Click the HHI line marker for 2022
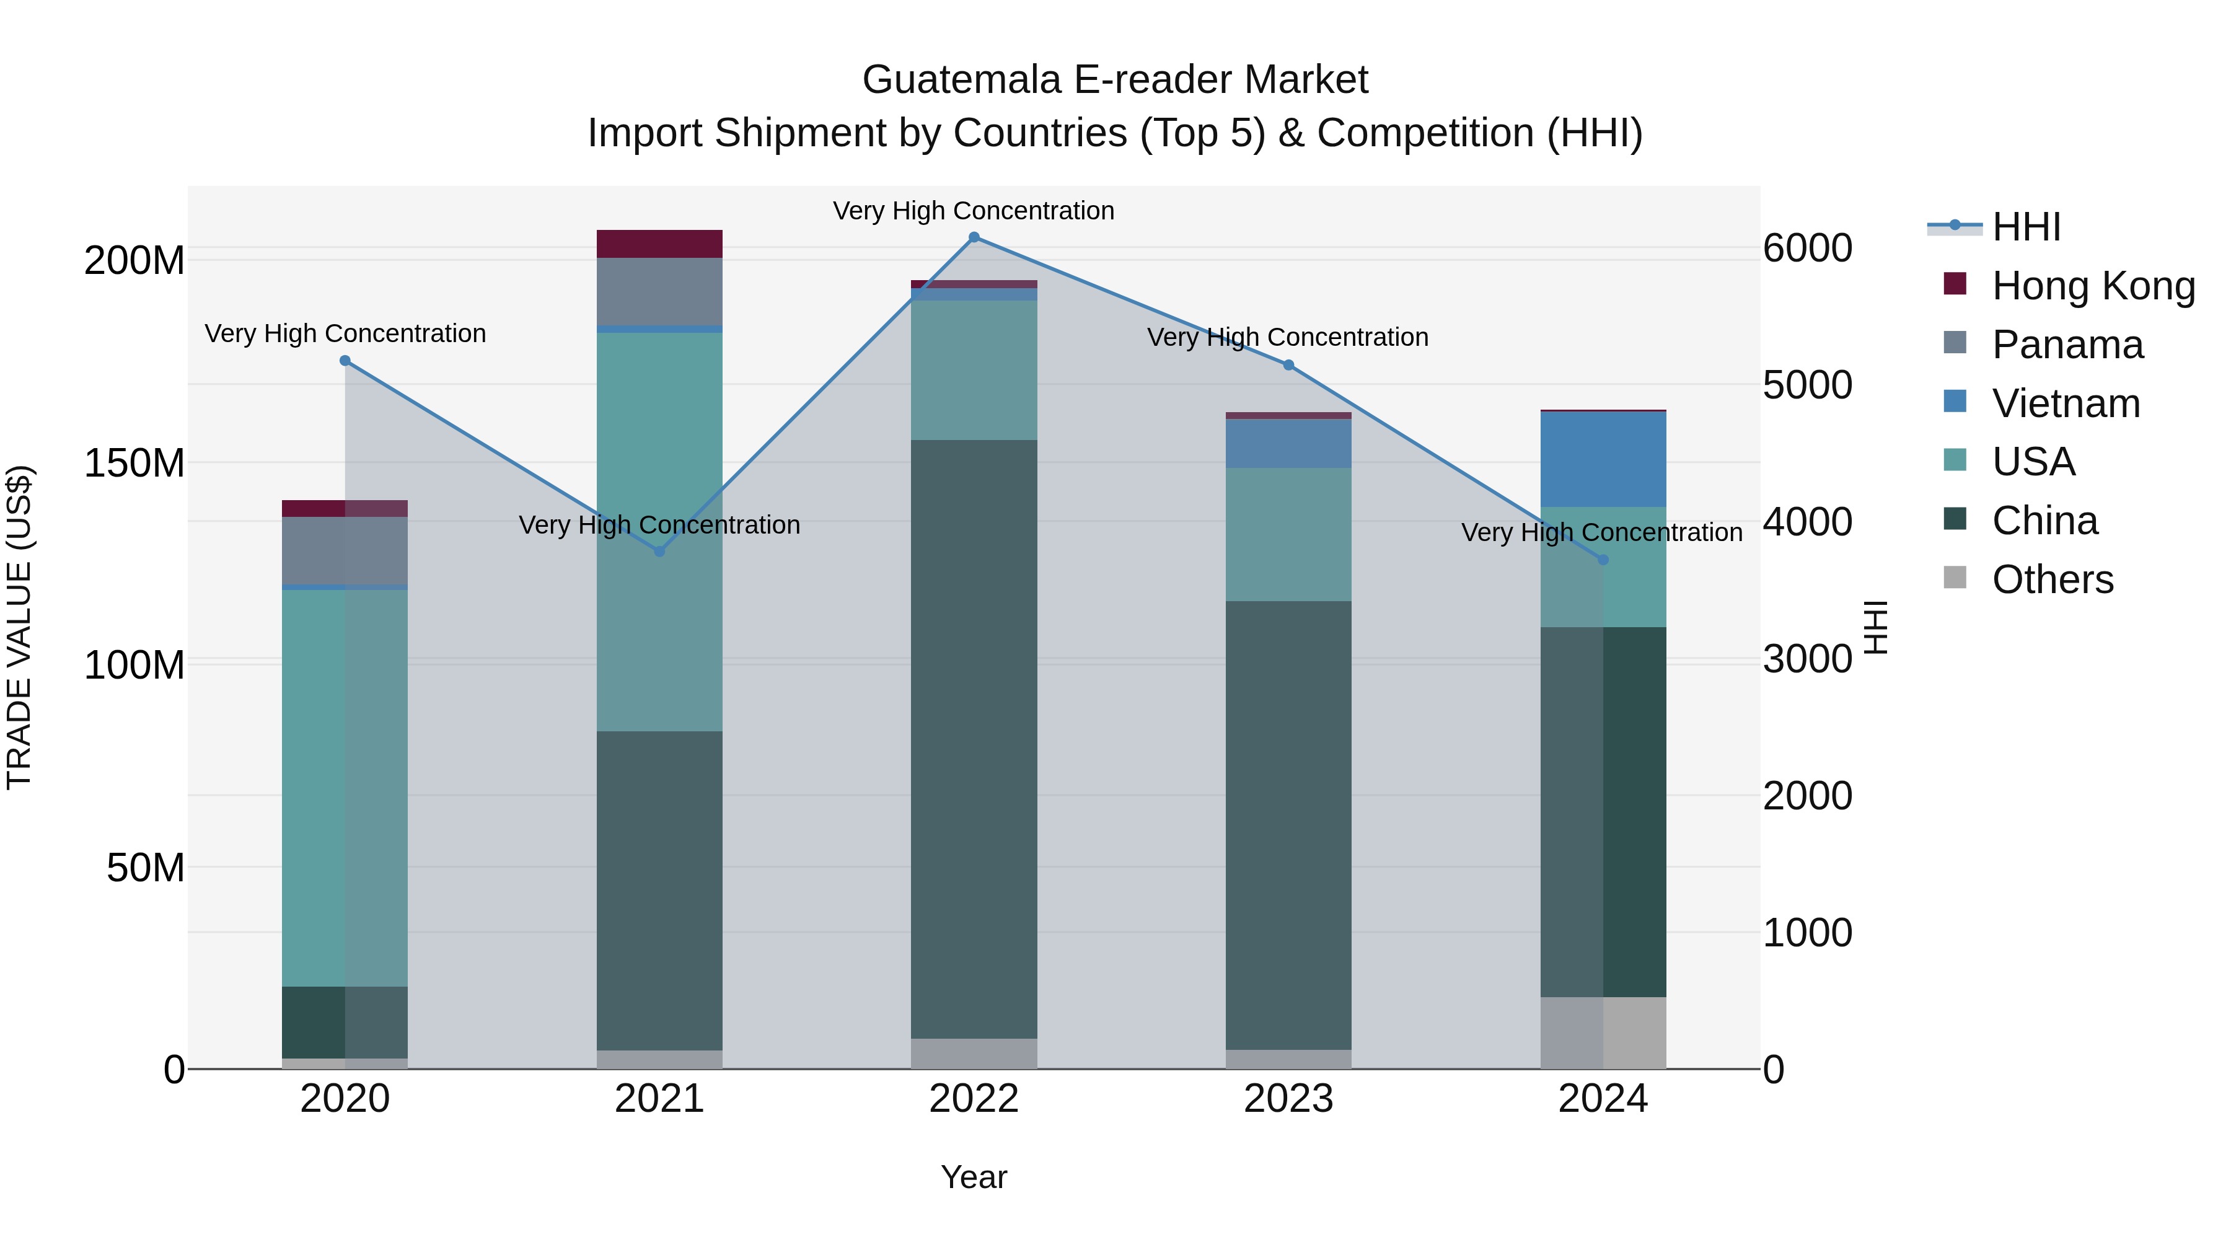pyautogui.click(x=974, y=237)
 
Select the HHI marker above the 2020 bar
pyautogui.click(x=345, y=360)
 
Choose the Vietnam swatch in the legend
pyautogui.click(x=1955, y=402)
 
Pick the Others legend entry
pyautogui.click(x=2052, y=579)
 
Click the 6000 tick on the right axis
pyautogui.click(x=1808, y=249)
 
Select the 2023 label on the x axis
pyautogui.click(x=1288, y=1099)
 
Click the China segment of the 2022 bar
pyautogui.click(x=974, y=736)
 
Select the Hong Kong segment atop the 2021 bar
pyautogui.click(x=659, y=244)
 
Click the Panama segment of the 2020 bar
pyautogui.click(x=345, y=551)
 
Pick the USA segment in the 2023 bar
pyautogui.click(x=1288, y=534)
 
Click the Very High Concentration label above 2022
pyautogui.click(x=974, y=211)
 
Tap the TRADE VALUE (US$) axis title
pyautogui.click(x=19, y=627)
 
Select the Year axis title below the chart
pyautogui.click(x=974, y=1177)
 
